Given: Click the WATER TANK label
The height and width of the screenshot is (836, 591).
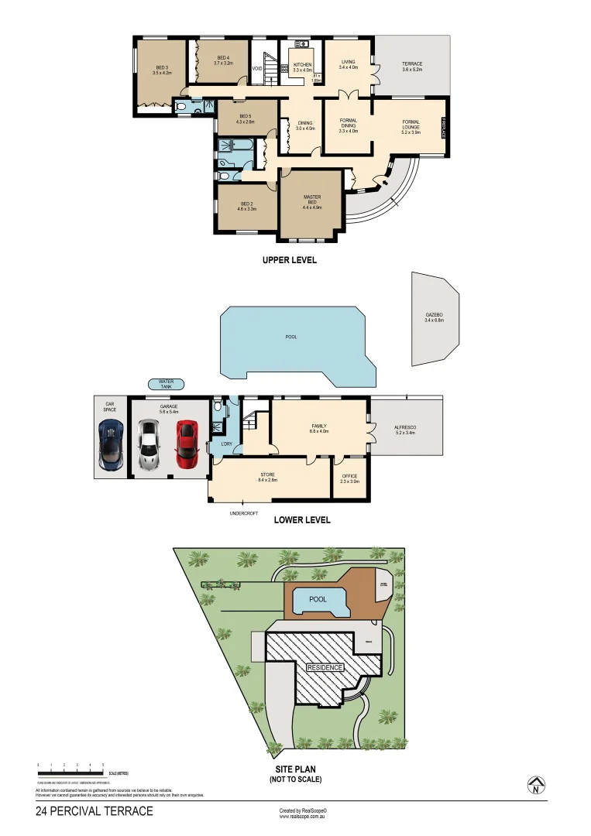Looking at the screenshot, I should [x=166, y=383].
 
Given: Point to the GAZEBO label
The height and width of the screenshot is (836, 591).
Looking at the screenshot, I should [x=434, y=317].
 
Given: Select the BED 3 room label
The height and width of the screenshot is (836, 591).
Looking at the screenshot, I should [x=162, y=70].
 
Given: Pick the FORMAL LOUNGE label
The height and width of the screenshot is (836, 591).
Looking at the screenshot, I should [x=411, y=125].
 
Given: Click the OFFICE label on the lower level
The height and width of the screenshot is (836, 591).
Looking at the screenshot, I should [x=350, y=478].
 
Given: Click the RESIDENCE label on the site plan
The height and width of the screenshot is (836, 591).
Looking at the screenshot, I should [x=325, y=666].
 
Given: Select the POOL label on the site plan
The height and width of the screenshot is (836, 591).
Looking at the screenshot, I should [x=318, y=600].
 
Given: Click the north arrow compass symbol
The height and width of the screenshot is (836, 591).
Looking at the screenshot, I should [x=534, y=786].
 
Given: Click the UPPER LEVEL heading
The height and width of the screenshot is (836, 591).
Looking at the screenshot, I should [x=290, y=261].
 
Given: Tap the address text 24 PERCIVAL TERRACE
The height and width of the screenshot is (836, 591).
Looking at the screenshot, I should [x=94, y=811].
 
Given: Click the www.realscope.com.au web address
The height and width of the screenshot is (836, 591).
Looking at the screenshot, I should [x=303, y=816].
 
